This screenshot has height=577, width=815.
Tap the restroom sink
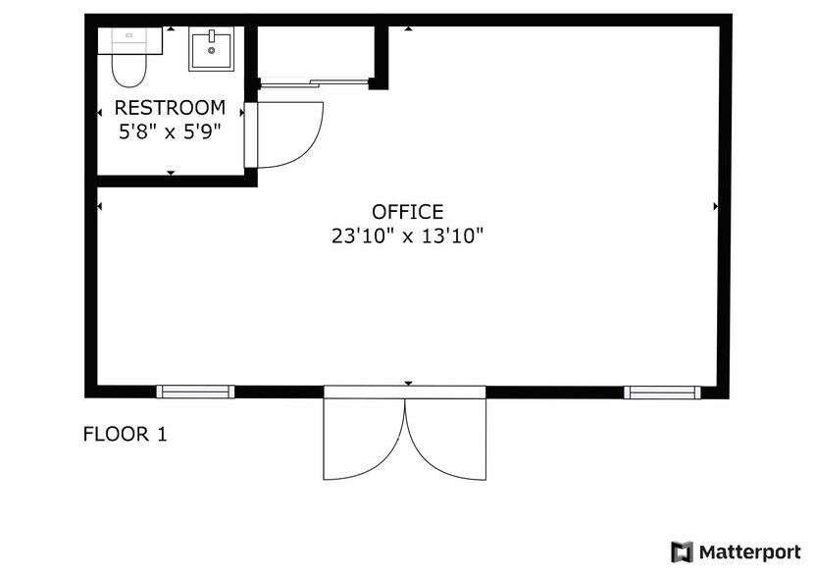pos(211,50)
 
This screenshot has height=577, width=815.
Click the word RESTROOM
pos(170,108)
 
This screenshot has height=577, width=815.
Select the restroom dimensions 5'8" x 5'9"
pos(170,131)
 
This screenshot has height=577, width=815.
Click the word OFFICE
pos(407,212)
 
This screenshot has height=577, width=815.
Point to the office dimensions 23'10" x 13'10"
pos(407,236)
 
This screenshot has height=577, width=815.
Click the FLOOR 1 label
pos(125,434)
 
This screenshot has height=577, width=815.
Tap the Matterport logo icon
pos(682,551)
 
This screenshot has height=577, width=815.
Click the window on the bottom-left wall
pos(196,392)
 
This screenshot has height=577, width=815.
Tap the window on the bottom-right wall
pos(663,392)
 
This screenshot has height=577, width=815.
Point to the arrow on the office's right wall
pos(716,206)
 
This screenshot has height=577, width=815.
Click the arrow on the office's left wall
pos(100,206)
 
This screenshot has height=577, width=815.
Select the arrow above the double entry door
pos(408,383)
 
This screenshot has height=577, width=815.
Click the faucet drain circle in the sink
pos(211,50)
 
